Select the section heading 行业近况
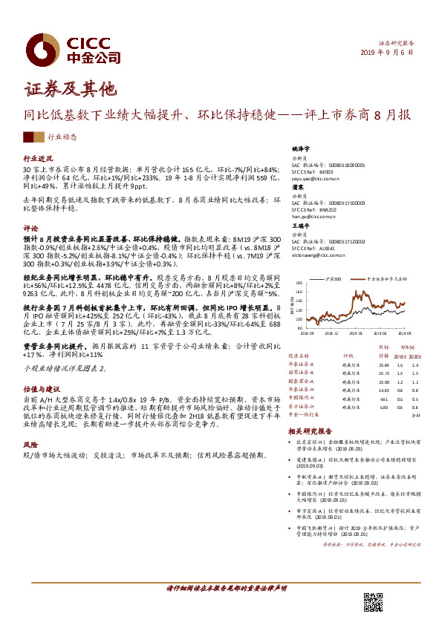point(39,159)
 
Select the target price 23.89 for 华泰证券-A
point(383,365)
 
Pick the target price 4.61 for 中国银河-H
point(384,398)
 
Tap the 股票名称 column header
point(299,356)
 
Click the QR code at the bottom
point(372,601)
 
